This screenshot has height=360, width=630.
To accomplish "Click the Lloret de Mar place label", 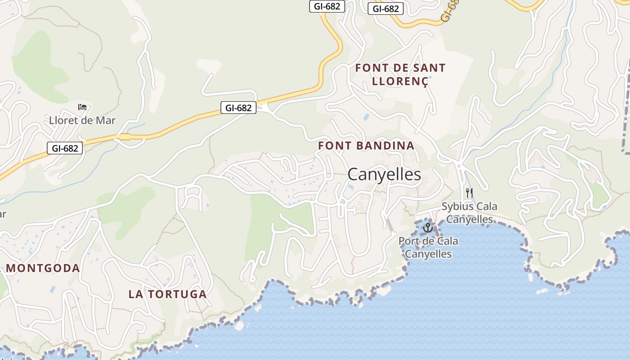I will (x=82, y=120).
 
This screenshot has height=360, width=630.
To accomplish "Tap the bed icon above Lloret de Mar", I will (x=82, y=107).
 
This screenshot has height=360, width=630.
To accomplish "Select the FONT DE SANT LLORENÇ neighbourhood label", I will (x=400, y=75).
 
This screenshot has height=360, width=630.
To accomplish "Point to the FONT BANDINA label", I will (x=366, y=145).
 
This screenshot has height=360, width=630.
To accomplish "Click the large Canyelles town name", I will (x=384, y=175).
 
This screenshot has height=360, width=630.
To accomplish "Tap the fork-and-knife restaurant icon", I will (x=469, y=193).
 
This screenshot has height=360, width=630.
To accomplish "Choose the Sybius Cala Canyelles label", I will (x=469, y=213).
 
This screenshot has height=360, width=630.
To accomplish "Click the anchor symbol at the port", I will (x=427, y=228).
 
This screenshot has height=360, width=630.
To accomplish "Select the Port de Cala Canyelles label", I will (x=428, y=247).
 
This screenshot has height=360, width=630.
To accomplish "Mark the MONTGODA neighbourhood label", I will (x=43, y=268).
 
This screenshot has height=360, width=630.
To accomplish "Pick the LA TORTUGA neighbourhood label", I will (x=167, y=294).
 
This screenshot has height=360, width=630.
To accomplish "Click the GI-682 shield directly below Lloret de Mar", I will (x=65, y=148).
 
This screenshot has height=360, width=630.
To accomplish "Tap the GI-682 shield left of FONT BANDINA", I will (x=238, y=108).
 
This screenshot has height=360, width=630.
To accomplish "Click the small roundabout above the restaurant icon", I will (x=459, y=166).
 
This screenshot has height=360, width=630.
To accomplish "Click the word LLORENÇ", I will (x=400, y=81).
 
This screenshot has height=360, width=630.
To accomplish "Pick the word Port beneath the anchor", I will (x=409, y=241).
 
